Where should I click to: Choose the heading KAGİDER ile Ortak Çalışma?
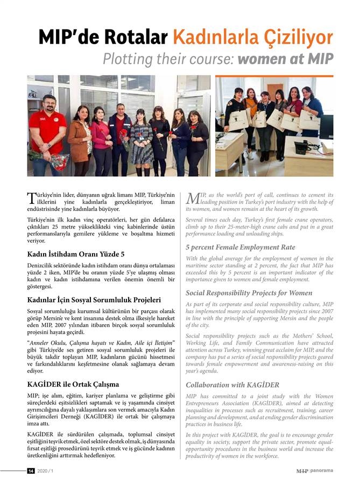(x=73, y=384)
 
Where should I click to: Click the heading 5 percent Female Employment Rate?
(x=241, y=247)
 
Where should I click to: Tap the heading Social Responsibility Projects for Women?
(x=249, y=293)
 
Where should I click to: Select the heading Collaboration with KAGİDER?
(x=232, y=385)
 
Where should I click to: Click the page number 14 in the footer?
(x=31, y=471)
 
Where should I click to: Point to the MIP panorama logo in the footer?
(x=314, y=471)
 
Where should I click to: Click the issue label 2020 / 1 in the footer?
(x=46, y=471)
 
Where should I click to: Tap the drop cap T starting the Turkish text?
(x=31, y=197)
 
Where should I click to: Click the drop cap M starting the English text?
(x=192, y=197)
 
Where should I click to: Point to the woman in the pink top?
(x=101, y=140)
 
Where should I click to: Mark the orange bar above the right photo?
(x=274, y=76)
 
